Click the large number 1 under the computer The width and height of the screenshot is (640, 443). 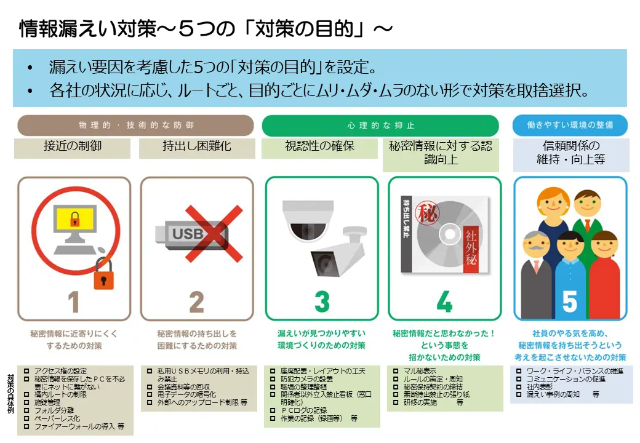tap(74, 301)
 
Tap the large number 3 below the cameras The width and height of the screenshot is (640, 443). tap(321, 301)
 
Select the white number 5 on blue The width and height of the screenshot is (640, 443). tap(570, 301)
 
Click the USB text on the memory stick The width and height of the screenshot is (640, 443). tap(187, 234)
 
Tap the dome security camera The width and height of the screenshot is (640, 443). tap(306, 218)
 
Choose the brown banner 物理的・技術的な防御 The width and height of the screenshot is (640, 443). tap(135, 125)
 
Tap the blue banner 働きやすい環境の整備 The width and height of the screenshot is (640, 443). tap(570, 125)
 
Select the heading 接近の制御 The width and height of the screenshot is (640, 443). tap(73, 147)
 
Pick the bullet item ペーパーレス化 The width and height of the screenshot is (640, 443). tap(57, 418)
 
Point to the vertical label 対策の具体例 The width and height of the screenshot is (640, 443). tap(10, 394)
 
